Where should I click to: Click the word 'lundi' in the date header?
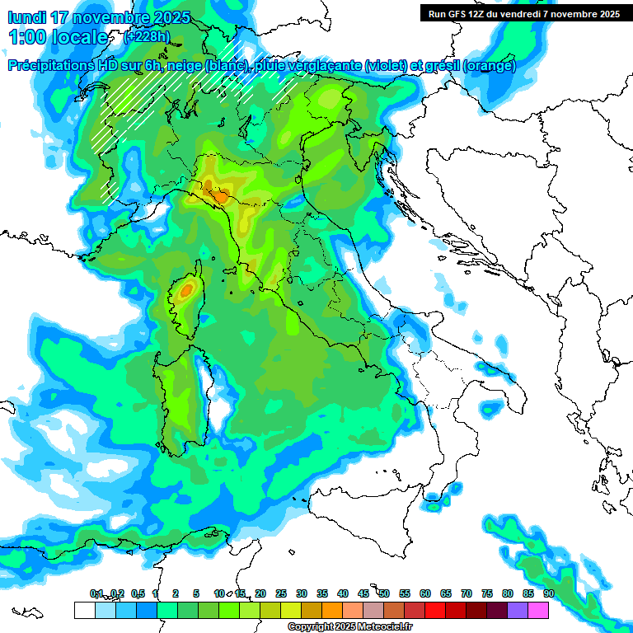[27, 17]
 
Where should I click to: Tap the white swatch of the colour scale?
[83, 611]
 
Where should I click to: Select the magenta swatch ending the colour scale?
[538, 611]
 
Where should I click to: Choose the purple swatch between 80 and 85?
[518, 611]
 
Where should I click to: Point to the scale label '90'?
[548, 593]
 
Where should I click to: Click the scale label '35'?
[322, 593]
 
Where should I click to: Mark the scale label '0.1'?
[96, 593]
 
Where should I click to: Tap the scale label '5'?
[196, 593]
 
